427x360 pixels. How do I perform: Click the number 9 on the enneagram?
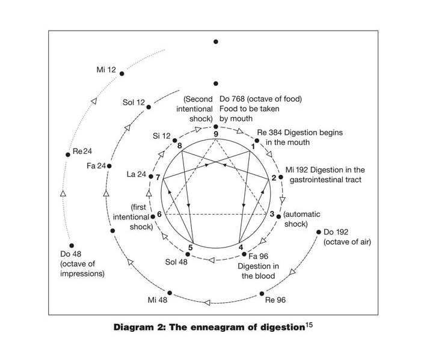[216, 133]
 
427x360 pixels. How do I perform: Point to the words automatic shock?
[296, 219]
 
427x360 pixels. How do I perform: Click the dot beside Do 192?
[318, 231]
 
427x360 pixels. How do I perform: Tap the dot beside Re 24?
[68, 154]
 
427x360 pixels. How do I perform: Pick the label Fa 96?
[256, 256]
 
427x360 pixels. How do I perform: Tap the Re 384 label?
[270, 132]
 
